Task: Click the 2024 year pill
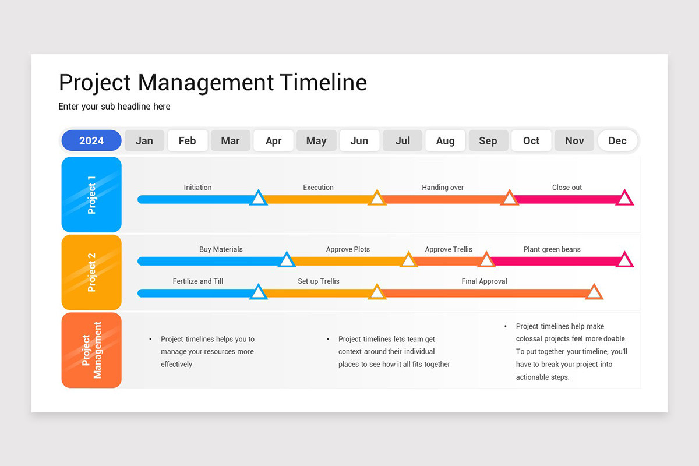[91, 140]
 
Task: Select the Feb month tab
[187, 140]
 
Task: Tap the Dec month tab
[617, 140]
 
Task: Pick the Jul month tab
[403, 140]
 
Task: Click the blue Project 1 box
[91, 195]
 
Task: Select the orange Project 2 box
[91, 272]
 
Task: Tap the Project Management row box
[91, 350]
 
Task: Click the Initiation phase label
[197, 188]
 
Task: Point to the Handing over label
[443, 188]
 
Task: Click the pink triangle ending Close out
[624, 199]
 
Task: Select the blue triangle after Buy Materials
[286, 260]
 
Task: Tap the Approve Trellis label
[449, 249]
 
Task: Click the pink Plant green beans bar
[553, 261]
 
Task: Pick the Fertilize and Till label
[197, 281]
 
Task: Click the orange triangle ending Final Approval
[594, 292]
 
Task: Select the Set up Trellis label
[318, 281]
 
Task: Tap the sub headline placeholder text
[114, 106]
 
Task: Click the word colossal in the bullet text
[530, 339]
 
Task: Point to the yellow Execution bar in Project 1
[318, 199]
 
